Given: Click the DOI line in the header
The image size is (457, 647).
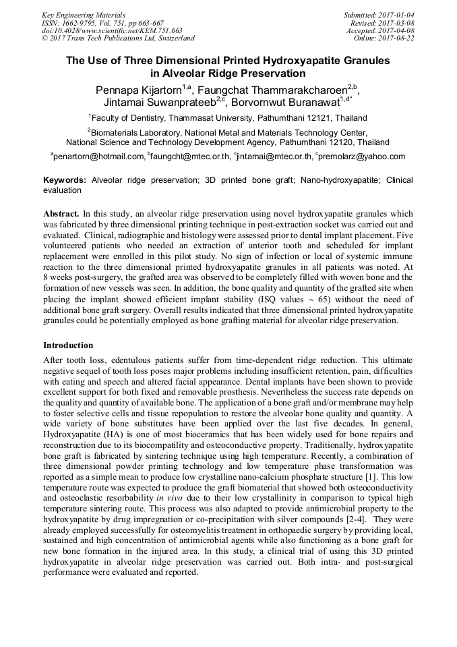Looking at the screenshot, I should [112, 30].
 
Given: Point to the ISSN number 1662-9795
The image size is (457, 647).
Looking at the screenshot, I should [86, 23].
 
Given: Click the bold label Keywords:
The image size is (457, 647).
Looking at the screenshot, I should [65, 181].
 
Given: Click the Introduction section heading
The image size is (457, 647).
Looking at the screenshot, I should [68, 345].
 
